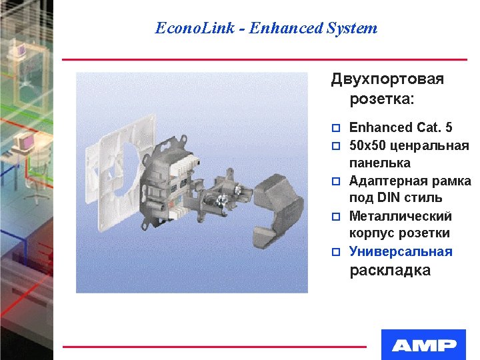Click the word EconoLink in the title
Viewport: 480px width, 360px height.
[194, 28]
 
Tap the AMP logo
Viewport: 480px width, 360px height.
[424, 345]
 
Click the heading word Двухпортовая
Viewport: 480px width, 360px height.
[387, 79]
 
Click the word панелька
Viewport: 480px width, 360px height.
[380, 163]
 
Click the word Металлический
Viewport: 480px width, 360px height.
[400, 216]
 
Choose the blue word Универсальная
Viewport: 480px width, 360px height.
[401, 251]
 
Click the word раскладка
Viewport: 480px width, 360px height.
[390, 270]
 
